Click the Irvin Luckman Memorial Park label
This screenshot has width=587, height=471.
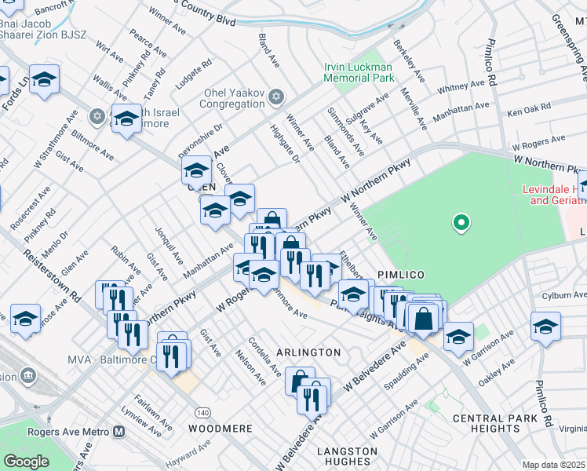[x=359, y=73]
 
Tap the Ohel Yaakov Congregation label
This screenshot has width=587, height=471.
[x=233, y=97]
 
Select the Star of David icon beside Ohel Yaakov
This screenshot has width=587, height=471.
[x=275, y=97]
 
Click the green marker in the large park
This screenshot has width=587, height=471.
[x=461, y=224]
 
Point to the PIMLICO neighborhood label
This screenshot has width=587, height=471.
[x=400, y=274]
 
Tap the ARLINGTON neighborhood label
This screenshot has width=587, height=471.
[x=308, y=352]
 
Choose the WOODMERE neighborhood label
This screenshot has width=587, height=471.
[x=220, y=429]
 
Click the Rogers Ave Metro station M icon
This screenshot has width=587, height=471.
[x=119, y=431]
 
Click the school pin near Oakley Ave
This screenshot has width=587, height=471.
[x=545, y=326]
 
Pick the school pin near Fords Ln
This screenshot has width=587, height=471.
[x=45, y=79]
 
